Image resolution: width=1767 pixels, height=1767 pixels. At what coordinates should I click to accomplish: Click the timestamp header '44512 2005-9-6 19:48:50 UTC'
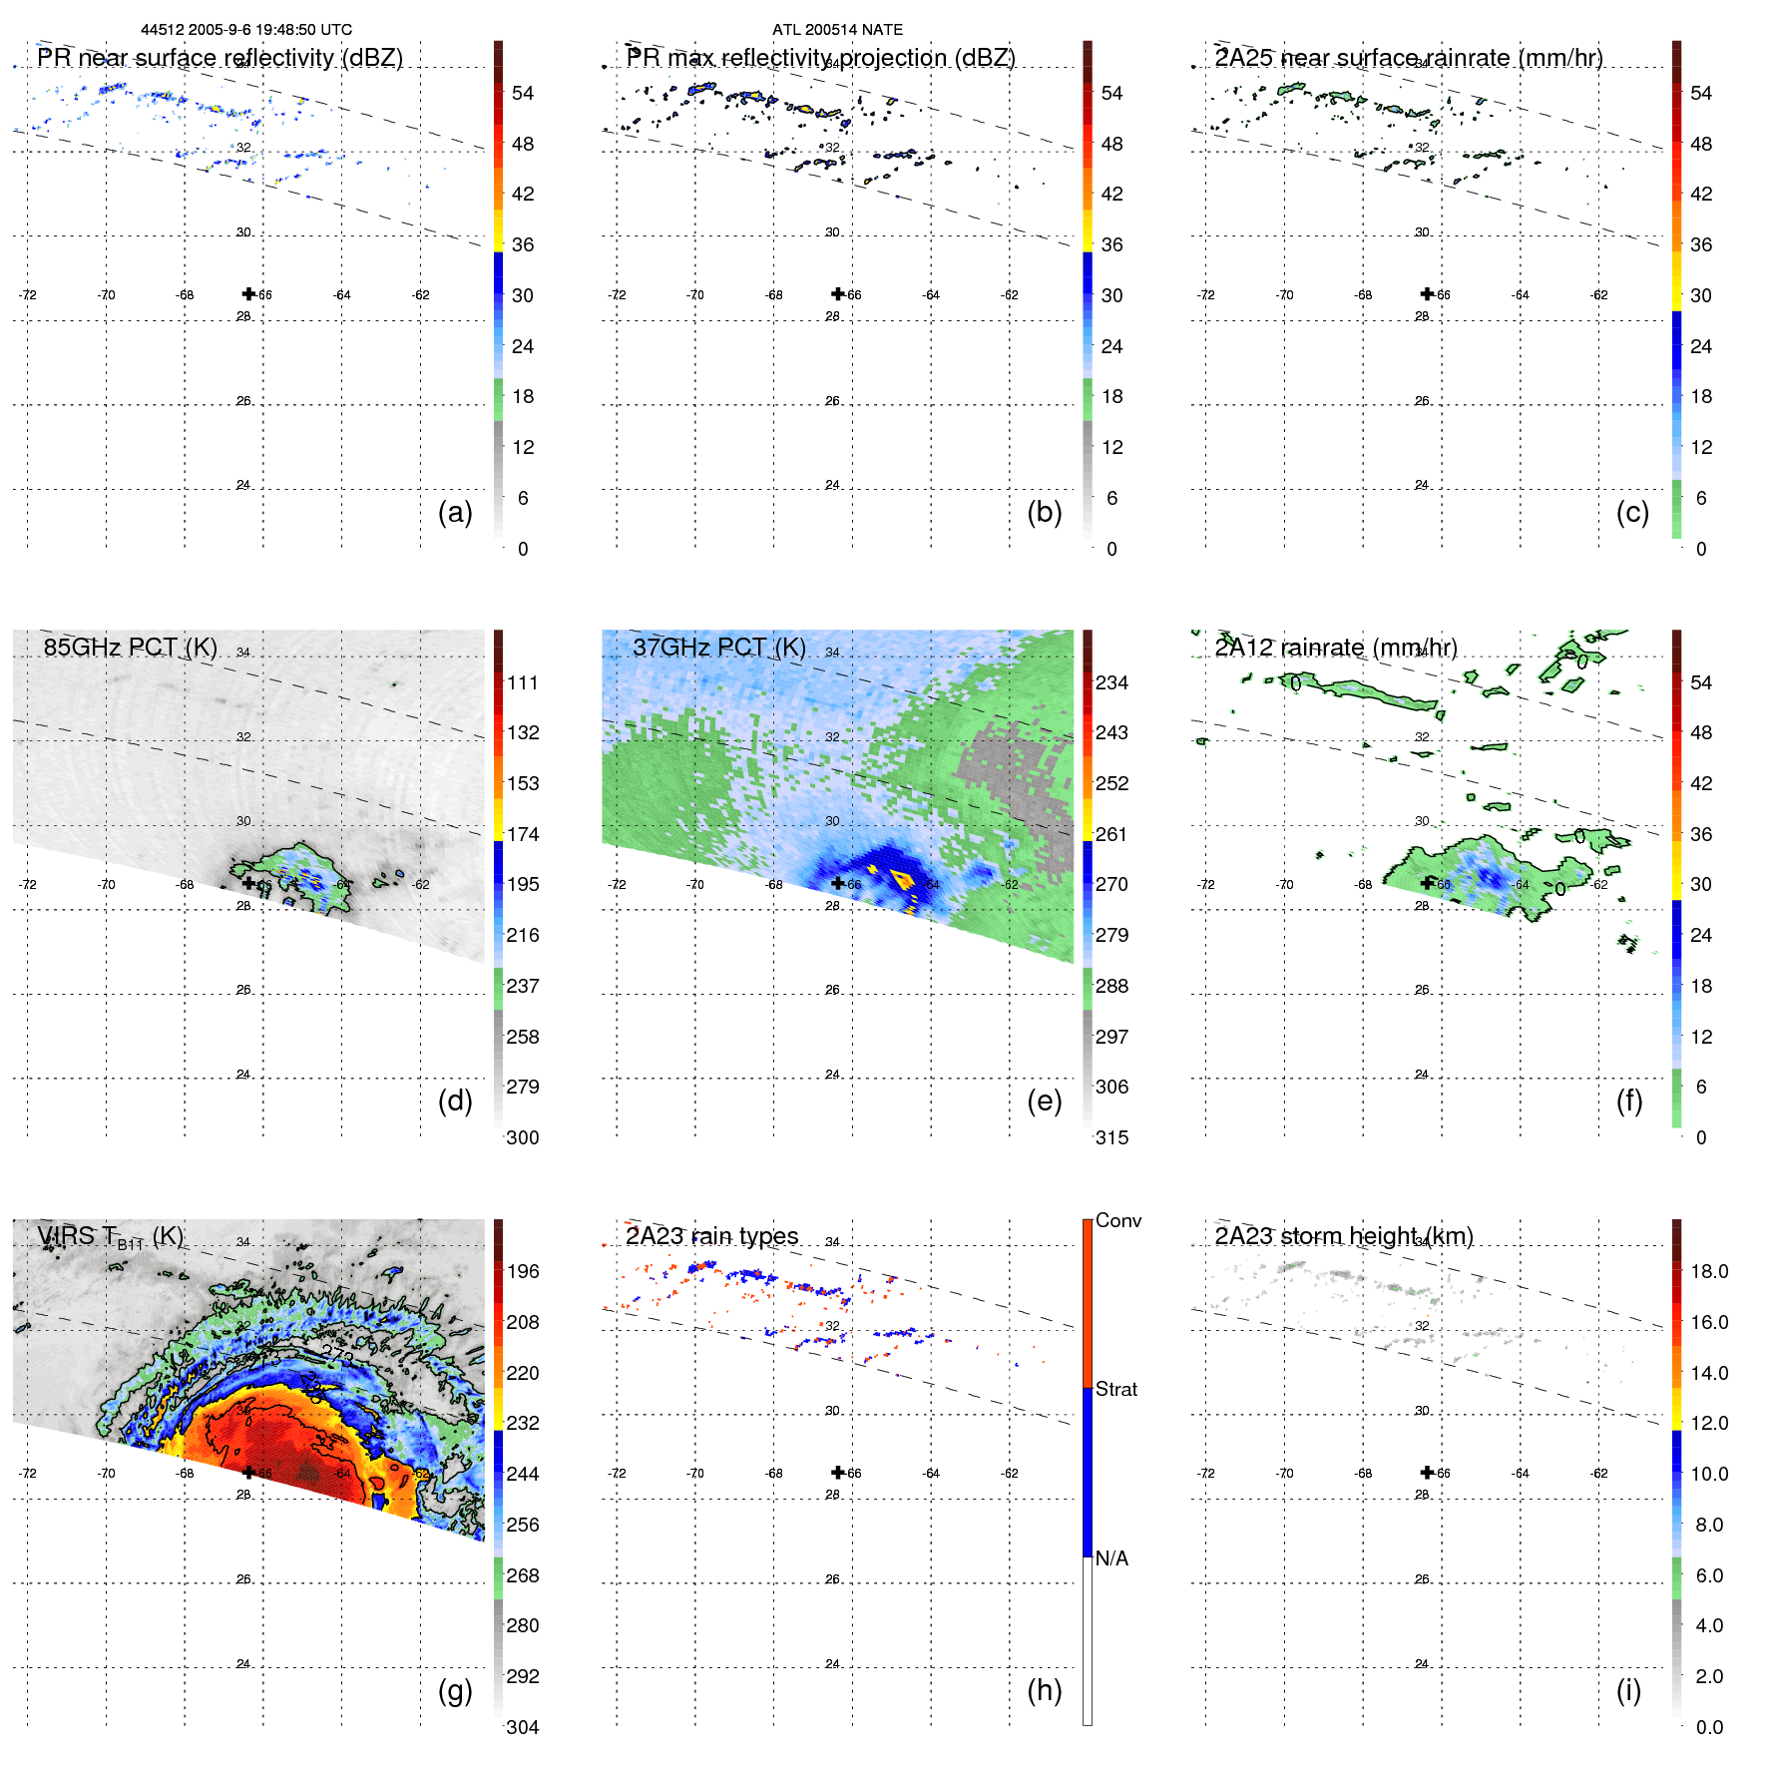click(x=245, y=30)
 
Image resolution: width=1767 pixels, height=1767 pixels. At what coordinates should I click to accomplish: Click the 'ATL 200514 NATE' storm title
click(x=837, y=30)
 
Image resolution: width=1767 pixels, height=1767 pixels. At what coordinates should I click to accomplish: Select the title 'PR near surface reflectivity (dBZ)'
click(x=220, y=58)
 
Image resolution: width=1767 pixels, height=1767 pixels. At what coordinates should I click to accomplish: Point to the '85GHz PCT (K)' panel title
click(x=130, y=648)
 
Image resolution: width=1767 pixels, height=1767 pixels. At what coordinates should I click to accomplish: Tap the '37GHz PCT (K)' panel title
click(x=718, y=648)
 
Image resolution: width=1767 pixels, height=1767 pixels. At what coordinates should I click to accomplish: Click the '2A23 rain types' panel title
click(x=711, y=1236)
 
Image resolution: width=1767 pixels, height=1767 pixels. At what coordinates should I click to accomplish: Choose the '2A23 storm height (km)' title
click(x=1343, y=1236)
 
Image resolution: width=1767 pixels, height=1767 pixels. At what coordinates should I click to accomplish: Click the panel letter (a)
click(x=455, y=512)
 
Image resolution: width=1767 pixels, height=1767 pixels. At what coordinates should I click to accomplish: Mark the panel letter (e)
click(x=1044, y=1101)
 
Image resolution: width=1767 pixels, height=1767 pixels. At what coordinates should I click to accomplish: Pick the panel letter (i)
click(x=1628, y=1690)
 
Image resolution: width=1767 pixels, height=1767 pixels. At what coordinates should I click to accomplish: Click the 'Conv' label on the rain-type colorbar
click(x=1117, y=1220)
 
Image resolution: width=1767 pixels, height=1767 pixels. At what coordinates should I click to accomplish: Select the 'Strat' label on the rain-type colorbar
click(x=1115, y=1389)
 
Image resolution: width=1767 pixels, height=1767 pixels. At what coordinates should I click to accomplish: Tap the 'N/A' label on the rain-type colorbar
click(x=1111, y=1558)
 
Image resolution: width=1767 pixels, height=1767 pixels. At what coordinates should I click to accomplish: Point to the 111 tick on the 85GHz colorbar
click(x=522, y=682)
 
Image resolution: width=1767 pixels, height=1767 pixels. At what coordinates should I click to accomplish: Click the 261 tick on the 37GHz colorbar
click(x=1111, y=834)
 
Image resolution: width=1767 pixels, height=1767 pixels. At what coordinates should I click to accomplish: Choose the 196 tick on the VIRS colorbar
click(x=522, y=1271)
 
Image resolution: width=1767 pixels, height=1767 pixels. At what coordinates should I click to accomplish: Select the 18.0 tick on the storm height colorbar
click(x=1708, y=1271)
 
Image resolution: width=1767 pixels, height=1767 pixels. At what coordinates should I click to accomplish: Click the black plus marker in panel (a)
click(x=248, y=293)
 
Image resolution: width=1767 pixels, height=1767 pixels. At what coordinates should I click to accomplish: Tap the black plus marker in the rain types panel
click(x=838, y=1472)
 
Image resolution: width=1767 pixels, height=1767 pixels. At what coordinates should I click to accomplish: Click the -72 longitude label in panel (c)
click(x=1206, y=295)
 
